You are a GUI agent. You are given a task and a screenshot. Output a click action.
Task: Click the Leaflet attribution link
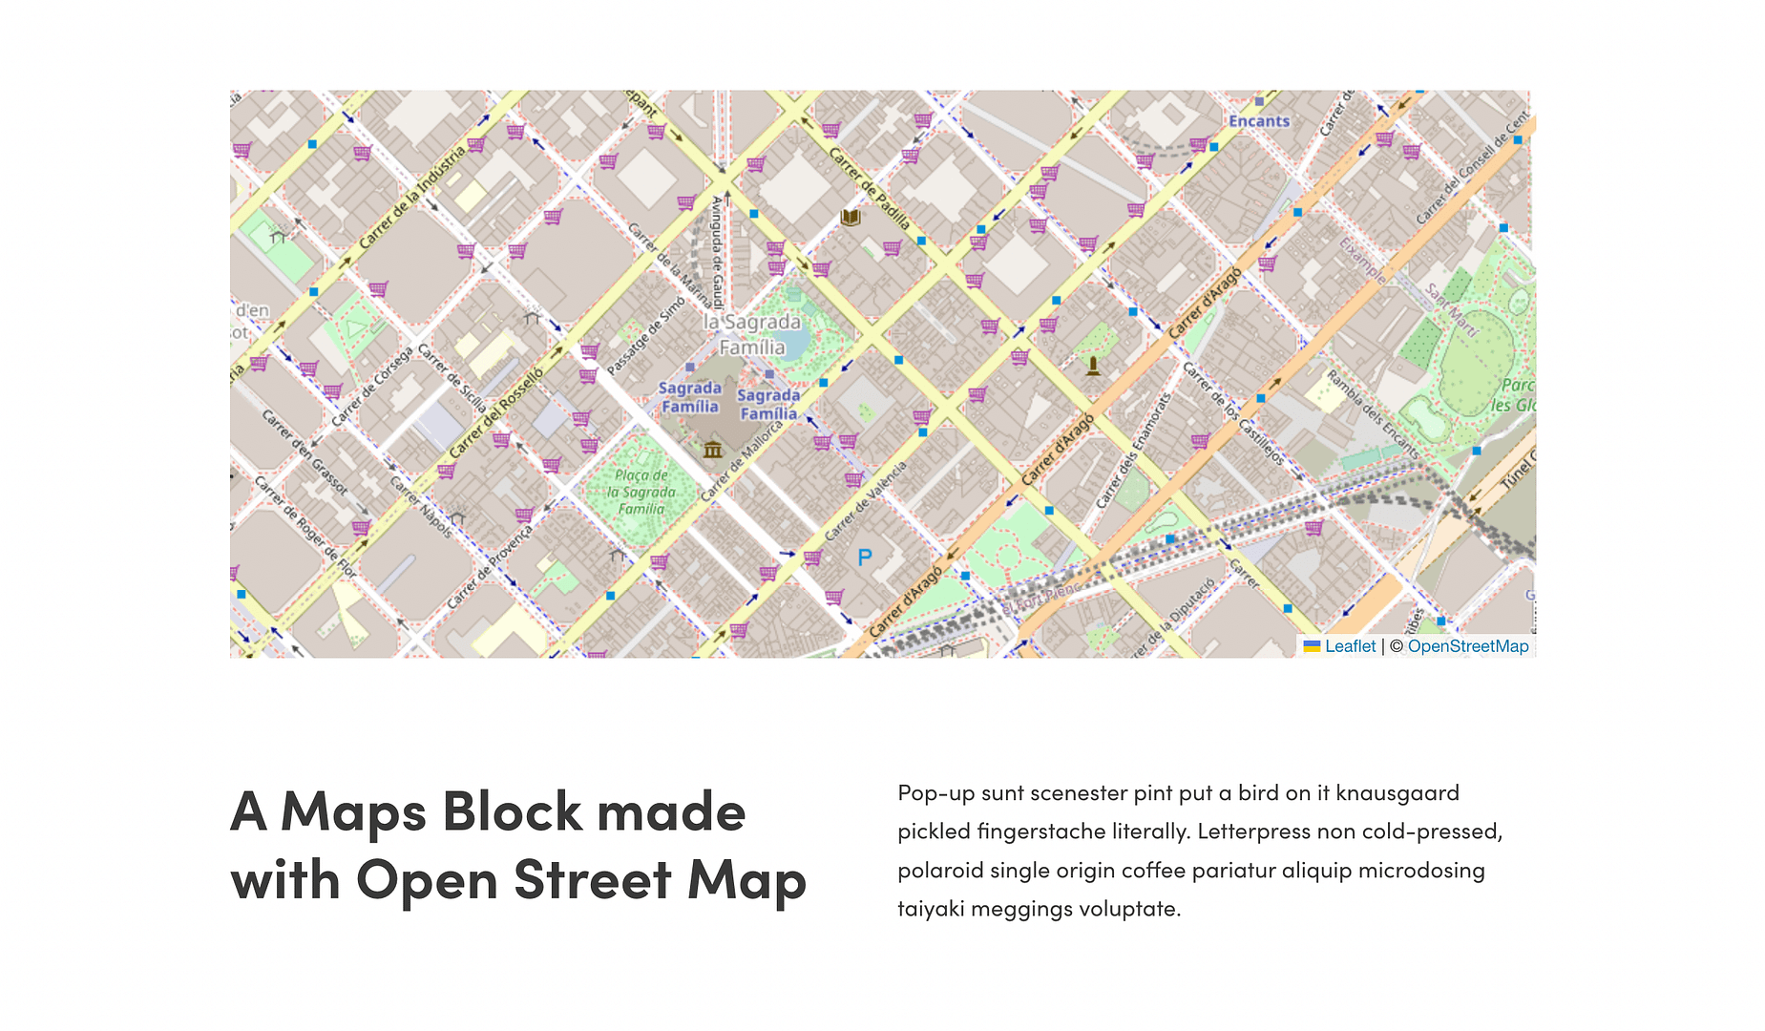tap(1350, 646)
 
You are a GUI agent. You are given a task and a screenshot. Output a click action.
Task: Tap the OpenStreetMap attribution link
tap(1467, 646)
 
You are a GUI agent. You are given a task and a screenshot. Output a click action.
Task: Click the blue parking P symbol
tap(865, 558)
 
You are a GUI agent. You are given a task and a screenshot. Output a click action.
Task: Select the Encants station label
tap(1259, 121)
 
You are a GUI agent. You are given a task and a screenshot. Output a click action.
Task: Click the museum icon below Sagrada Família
tap(712, 449)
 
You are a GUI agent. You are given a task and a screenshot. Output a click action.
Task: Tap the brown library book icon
tap(850, 218)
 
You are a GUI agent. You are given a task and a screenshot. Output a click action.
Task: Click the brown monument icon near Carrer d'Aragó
tap(1093, 366)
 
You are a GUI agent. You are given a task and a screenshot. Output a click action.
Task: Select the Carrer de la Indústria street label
tap(411, 197)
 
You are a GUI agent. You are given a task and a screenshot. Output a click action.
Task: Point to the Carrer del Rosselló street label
tap(495, 412)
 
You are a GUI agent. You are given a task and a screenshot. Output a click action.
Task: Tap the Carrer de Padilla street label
tap(869, 188)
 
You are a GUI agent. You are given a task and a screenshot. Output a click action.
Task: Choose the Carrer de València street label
tap(865, 501)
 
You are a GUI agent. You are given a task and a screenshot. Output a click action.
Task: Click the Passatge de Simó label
tap(646, 336)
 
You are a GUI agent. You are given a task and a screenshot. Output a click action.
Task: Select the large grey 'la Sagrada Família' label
tap(752, 334)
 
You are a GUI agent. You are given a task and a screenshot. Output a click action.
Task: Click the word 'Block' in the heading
tap(512, 811)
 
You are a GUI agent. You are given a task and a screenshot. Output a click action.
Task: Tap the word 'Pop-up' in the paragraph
tap(935, 793)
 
